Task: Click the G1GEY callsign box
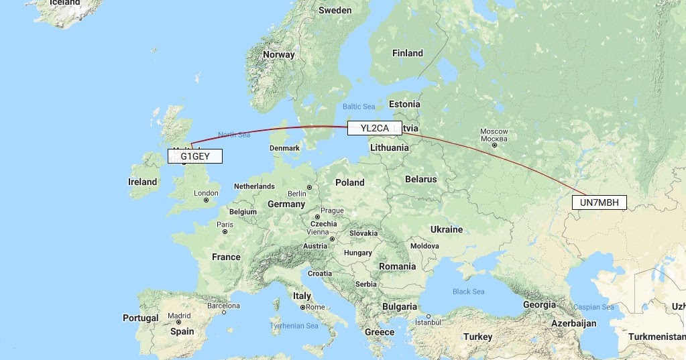tap(194, 156)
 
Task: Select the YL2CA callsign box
tap(374, 128)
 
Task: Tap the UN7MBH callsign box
tap(598, 202)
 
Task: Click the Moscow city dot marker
tap(495, 145)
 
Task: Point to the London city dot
tap(207, 200)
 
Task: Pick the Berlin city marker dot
tap(309, 187)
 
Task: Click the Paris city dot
tap(225, 231)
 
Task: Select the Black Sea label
tap(468, 292)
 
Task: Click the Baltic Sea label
tap(359, 107)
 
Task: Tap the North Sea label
tap(234, 135)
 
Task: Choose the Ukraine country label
tap(447, 229)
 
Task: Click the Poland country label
tap(349, 182)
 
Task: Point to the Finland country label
tap(408, 53)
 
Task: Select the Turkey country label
tap(477, 337)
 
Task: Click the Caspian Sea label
tap(593, 307)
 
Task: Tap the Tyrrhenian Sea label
tap(294, 326)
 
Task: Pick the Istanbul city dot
tap(428, 316)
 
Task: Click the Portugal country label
tap(141, 318)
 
